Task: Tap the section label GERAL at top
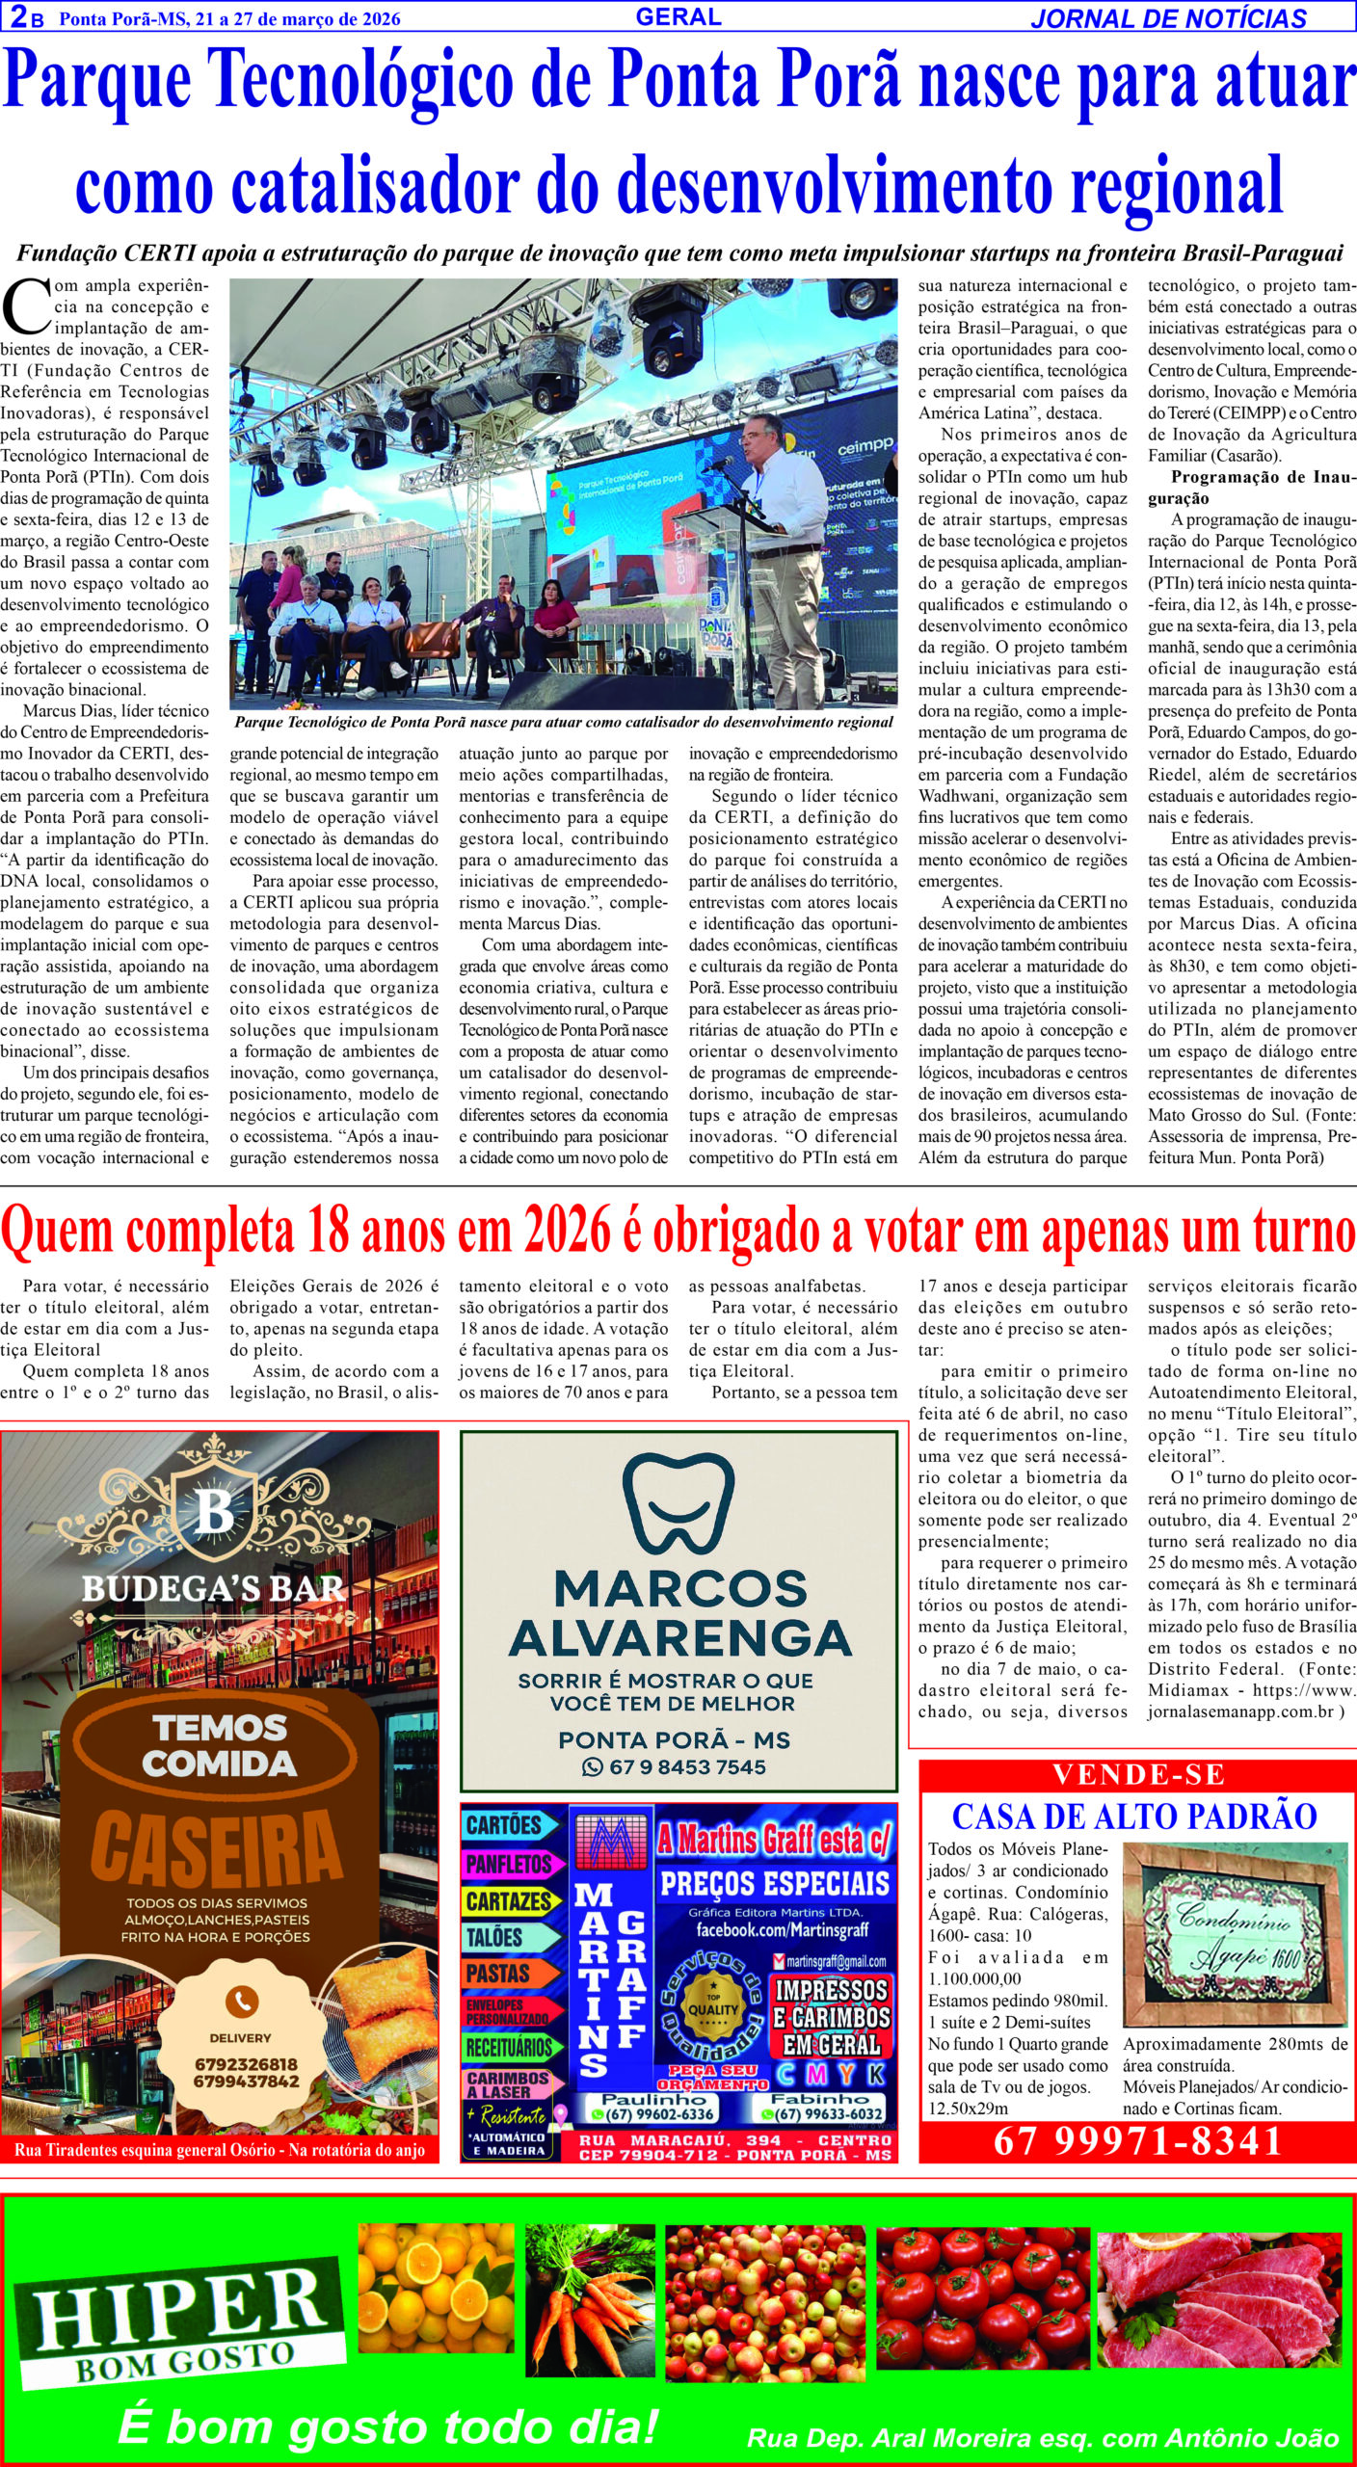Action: coord(678,16)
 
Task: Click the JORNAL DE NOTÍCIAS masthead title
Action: coord(1168,18)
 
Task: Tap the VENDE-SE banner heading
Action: coord(1137,1774)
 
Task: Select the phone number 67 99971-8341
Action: coord(1137,2140)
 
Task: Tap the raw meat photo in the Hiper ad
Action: coord(1218,2296)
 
